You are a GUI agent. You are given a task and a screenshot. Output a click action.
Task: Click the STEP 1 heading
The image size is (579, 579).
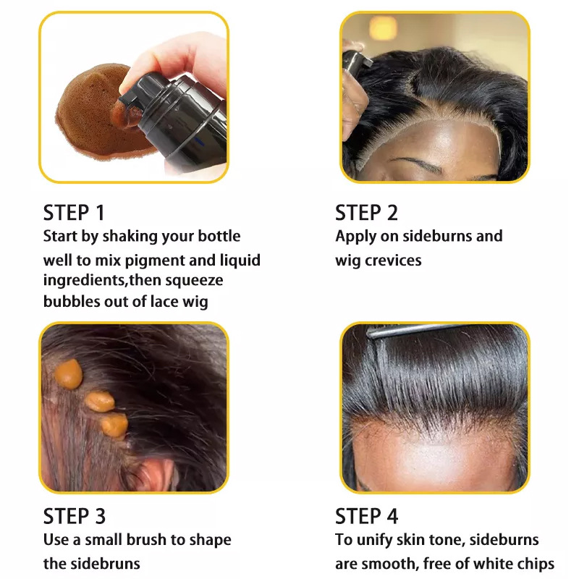(x=74, y=213)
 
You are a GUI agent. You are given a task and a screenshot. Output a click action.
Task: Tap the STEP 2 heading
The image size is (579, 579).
(x=366, y=213)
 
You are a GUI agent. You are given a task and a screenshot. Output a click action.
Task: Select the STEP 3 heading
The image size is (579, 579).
(x=75, y=516)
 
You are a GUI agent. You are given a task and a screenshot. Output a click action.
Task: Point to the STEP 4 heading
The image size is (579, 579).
(x=366, y=516)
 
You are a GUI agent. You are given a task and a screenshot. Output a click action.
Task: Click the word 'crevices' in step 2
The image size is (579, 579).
(x=393, y=261)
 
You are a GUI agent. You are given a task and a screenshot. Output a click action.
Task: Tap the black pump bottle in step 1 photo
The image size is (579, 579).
(x=177, y=118)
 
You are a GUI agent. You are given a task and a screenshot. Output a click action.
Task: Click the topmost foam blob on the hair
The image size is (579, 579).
(x=69, y=373)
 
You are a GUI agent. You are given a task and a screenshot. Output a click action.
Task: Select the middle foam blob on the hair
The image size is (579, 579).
(x=100, y=402)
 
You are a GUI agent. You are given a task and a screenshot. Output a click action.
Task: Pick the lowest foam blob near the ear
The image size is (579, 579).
(x=115, y=425)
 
